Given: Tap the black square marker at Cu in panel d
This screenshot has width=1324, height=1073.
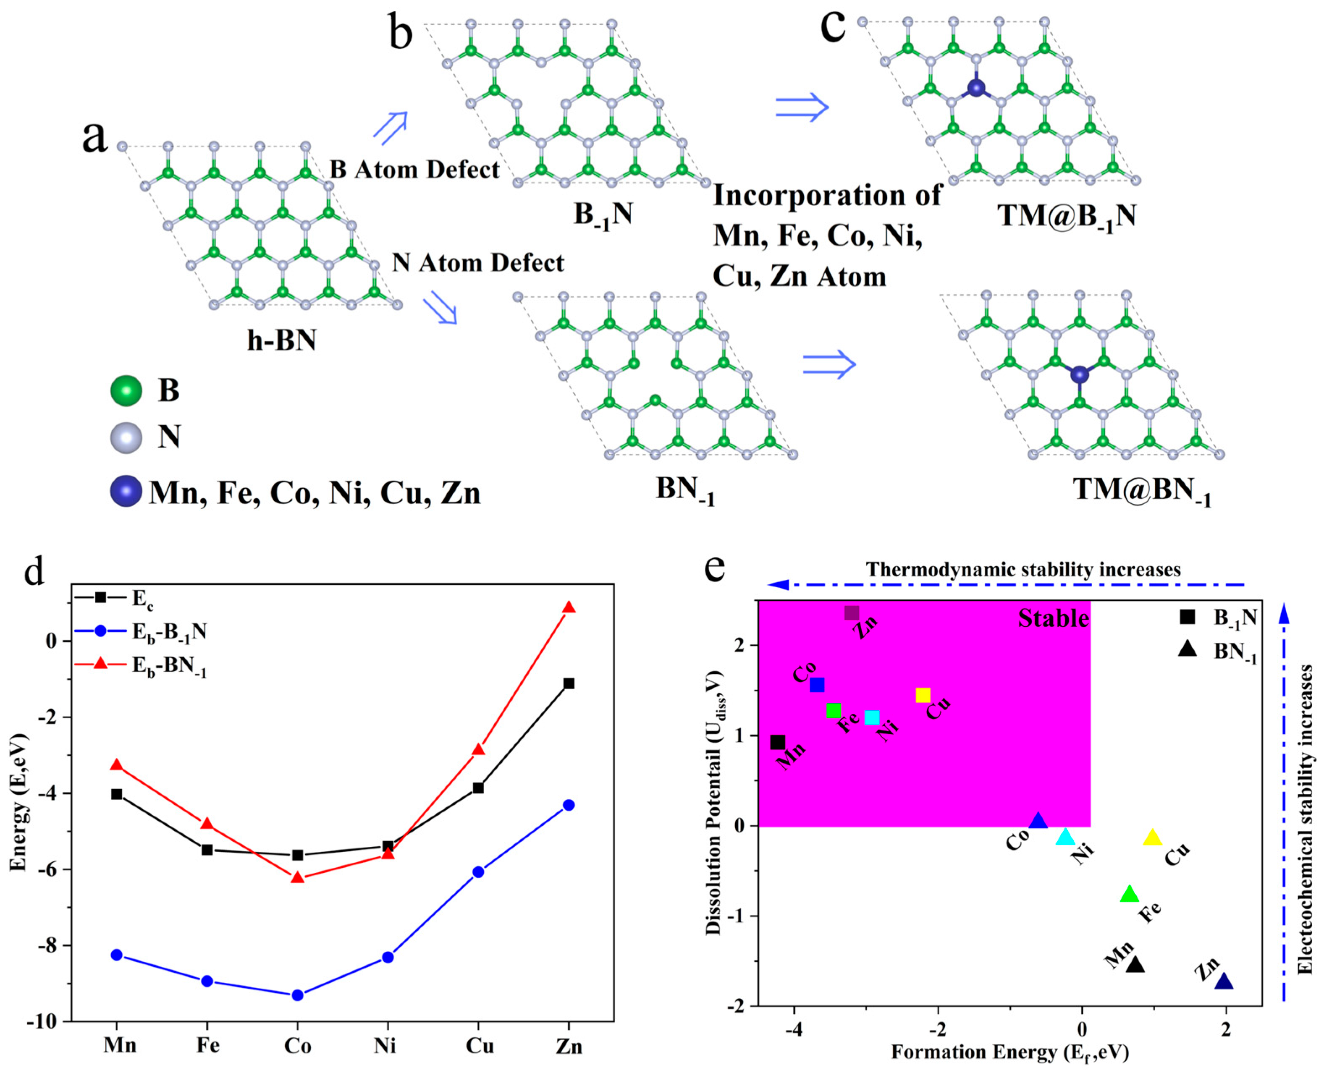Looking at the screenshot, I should click(x=478, y=788).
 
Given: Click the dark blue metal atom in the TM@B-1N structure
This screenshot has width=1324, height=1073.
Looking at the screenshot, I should click(x=975, y=88).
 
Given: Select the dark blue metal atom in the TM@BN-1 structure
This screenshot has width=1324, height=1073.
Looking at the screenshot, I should click(x=1079, y=374).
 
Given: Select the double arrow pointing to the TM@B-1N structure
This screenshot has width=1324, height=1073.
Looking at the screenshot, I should click(x=802, y=107).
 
